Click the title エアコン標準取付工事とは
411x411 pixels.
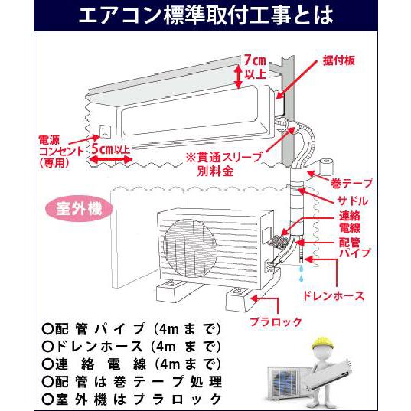[206, 16]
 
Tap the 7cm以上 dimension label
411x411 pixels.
[256, 67]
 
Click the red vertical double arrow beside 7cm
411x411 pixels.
[238, 77]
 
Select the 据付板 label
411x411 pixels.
[339, 60]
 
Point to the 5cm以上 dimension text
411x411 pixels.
[111, 149]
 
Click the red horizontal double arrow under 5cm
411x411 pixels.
[111, 159]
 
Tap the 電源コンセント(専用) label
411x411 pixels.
[60, 152]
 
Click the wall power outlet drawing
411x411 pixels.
[105, 132]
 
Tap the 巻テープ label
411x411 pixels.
[352, 183]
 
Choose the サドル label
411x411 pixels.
[352, 201]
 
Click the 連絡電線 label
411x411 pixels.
[350, 222]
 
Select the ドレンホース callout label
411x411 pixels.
[334, 296]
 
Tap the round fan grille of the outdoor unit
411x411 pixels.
[190, 248]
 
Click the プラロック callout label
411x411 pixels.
[276, 321]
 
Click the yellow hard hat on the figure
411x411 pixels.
[322, 342]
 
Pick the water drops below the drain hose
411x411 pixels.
[302, 272]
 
